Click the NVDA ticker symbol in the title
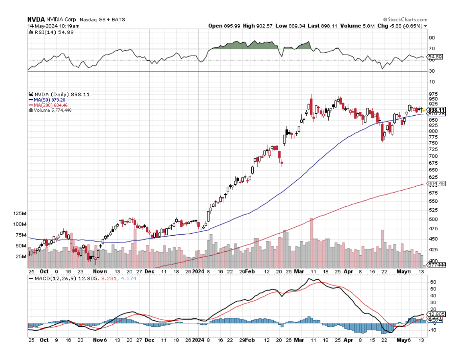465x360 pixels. click(x=36, y=19)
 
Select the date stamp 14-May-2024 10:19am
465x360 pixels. click(x=53, y=26)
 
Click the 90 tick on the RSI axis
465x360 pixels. click(x=432, y=38)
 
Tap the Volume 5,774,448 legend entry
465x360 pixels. click(x=51, y=110)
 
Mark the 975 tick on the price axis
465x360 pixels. click(x=433, y=94)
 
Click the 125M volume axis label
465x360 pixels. click(x=20, y=214)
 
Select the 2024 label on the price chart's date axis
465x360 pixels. click(x=199, y=271)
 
